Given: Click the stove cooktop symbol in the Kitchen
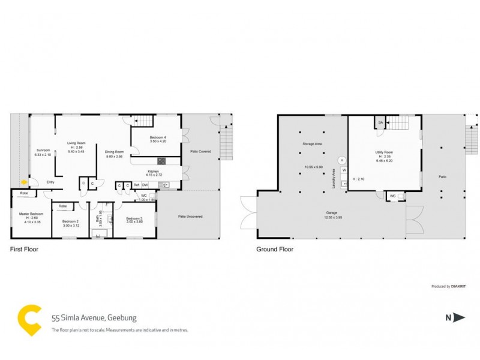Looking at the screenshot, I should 161,161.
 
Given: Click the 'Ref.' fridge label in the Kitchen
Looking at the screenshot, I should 137,185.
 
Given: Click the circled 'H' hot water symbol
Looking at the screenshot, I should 342,160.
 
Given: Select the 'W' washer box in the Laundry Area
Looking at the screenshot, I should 344,170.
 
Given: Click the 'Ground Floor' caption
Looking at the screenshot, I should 275,249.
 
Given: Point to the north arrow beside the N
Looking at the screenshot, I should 459,318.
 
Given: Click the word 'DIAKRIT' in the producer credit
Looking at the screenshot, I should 459,287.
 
